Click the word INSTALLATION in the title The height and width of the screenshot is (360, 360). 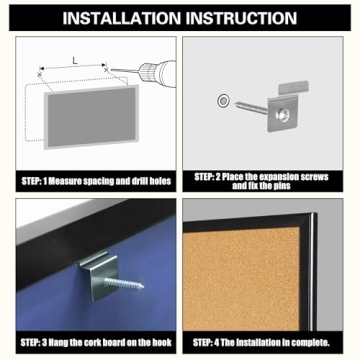click(122, 18)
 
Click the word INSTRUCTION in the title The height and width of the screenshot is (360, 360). click(241, 18)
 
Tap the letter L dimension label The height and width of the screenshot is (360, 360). click(75, 61)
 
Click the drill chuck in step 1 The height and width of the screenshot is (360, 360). click(147, 72)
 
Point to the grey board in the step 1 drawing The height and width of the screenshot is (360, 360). click(91, 117)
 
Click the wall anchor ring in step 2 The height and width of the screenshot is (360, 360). click(223, 100)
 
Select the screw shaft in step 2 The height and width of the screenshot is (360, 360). click(251, 108)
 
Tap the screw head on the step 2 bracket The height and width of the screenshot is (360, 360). click(283, 115)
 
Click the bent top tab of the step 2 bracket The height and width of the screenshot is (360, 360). click(292, 87)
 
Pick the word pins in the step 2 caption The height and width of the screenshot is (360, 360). click(281, 186)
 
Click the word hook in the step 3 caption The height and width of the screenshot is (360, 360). click(163, 342)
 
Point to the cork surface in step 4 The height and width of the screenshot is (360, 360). click(241, 279)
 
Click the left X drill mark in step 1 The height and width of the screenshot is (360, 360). click(40, 75)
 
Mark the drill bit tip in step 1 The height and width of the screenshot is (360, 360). click(112, 70)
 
